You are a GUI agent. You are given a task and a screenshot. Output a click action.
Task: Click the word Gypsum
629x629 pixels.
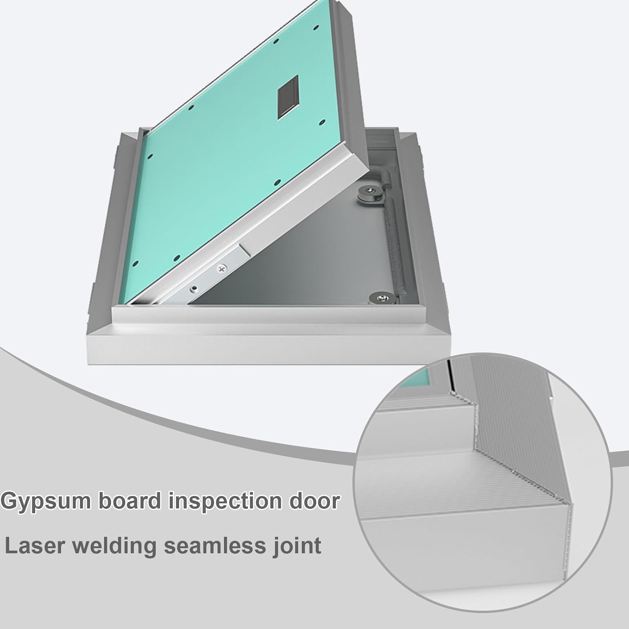(x=46, y=502)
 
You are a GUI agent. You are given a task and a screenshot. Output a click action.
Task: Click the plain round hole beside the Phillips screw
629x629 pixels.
(x=194, y=289)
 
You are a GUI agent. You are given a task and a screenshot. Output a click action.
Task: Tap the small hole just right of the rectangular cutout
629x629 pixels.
(x=322, y=122)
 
